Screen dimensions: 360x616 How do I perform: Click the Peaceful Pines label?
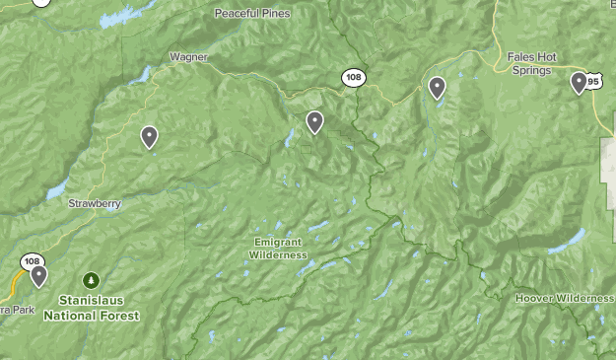click(252, 13)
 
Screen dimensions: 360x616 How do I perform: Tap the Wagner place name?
click(188, 57)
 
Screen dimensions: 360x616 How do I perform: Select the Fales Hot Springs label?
click(531, 63)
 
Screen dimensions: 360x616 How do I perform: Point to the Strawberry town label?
click(94, 203)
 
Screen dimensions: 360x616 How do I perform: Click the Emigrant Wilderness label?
click(280, 249)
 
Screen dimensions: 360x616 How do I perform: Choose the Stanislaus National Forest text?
click(91, 309)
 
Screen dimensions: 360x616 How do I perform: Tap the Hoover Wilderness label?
click(564, 298)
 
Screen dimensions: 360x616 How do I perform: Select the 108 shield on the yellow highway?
click(32, 261)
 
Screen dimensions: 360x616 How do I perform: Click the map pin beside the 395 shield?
click(579, 82)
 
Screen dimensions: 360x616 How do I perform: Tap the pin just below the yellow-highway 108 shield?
click(38, 275)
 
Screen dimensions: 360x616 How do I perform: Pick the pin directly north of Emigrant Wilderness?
click(314, 121)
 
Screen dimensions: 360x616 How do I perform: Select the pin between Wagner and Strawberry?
click(149, 136)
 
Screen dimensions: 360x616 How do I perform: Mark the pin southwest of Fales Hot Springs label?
click(437, 88)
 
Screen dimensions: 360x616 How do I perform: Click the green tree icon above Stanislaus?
click(91, 279)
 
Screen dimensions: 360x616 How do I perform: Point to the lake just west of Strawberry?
click(55, 188)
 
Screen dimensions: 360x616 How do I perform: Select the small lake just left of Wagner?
click(144, 75)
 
